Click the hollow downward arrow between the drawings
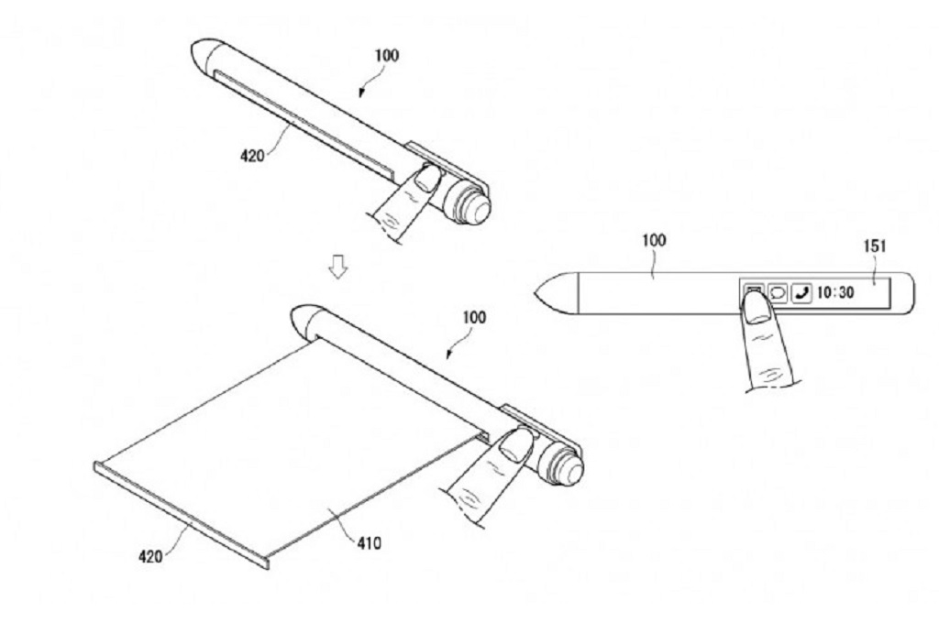coord(339,267)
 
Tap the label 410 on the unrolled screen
coord(366,542)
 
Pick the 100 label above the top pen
coord(386,55)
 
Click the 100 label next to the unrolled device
coord(473,317)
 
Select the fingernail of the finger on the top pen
coord(426,178)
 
